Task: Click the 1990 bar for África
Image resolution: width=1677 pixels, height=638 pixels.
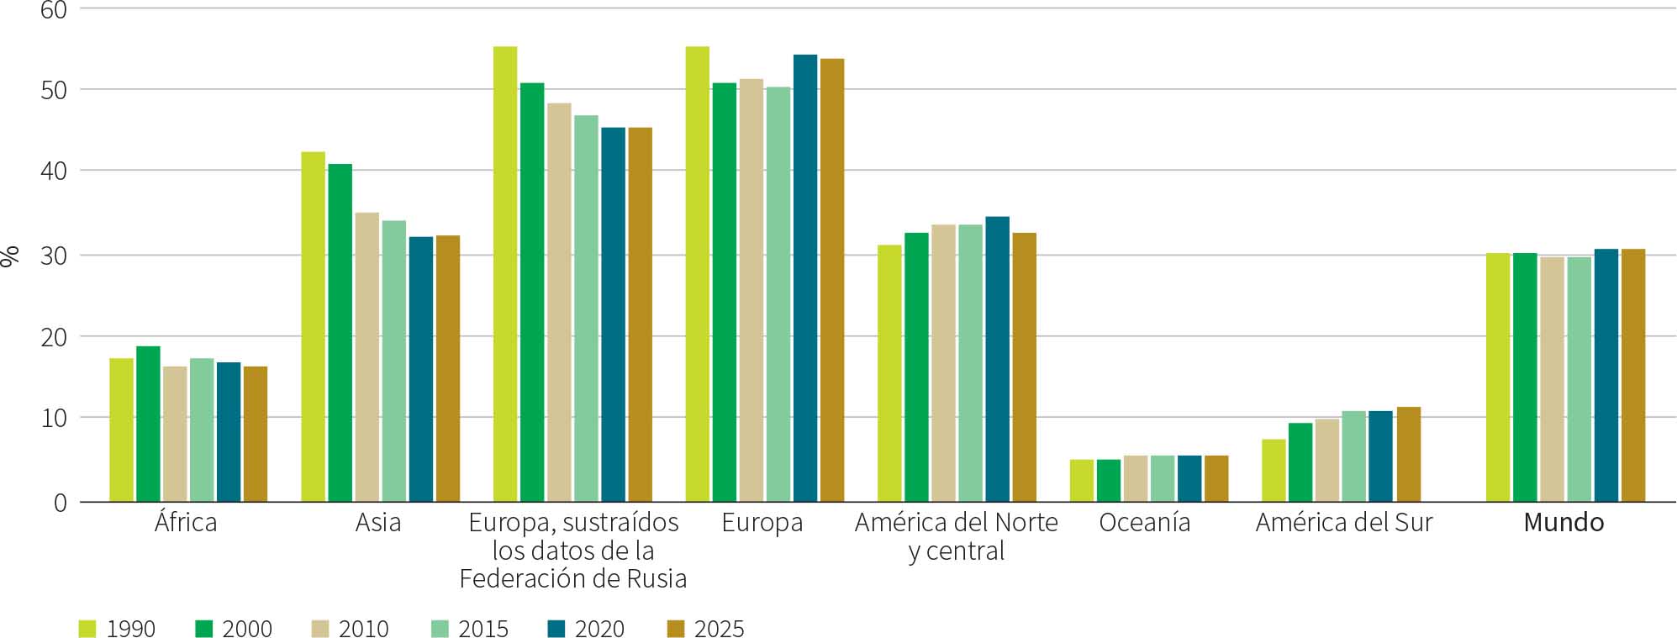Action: point(121,430)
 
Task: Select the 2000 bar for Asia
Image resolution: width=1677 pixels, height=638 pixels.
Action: point(340,333)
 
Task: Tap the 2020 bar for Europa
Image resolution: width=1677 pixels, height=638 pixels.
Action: point(805,278)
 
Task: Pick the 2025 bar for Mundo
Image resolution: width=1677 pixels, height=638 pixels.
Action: point(1633,376)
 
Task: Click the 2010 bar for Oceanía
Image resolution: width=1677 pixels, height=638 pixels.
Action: point(1136,479)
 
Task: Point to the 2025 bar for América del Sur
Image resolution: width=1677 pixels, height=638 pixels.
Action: point(1409,455)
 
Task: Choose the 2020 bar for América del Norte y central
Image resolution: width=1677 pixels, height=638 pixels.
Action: point(997,360)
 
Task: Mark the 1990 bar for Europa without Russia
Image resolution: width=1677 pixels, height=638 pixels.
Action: point(505,274)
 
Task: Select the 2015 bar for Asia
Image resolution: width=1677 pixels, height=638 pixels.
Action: point(394,361)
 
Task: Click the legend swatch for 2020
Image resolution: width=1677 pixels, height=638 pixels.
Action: point(556,628)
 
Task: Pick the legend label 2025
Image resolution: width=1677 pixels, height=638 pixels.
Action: point(719,629)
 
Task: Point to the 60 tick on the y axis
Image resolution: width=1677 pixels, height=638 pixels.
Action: point(54,10)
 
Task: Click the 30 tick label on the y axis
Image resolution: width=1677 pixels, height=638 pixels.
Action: point(54,256)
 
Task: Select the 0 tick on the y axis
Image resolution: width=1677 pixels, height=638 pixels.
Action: point(60,503)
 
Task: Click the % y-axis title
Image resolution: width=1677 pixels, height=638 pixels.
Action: point(11,256)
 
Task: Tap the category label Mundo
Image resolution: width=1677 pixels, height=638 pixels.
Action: point(1564,523)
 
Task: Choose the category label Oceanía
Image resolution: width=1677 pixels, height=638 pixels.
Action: point(1144,523)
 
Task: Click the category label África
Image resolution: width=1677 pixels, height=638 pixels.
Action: point(186,523)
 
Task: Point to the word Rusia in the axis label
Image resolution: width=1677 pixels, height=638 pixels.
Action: point(656,579)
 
